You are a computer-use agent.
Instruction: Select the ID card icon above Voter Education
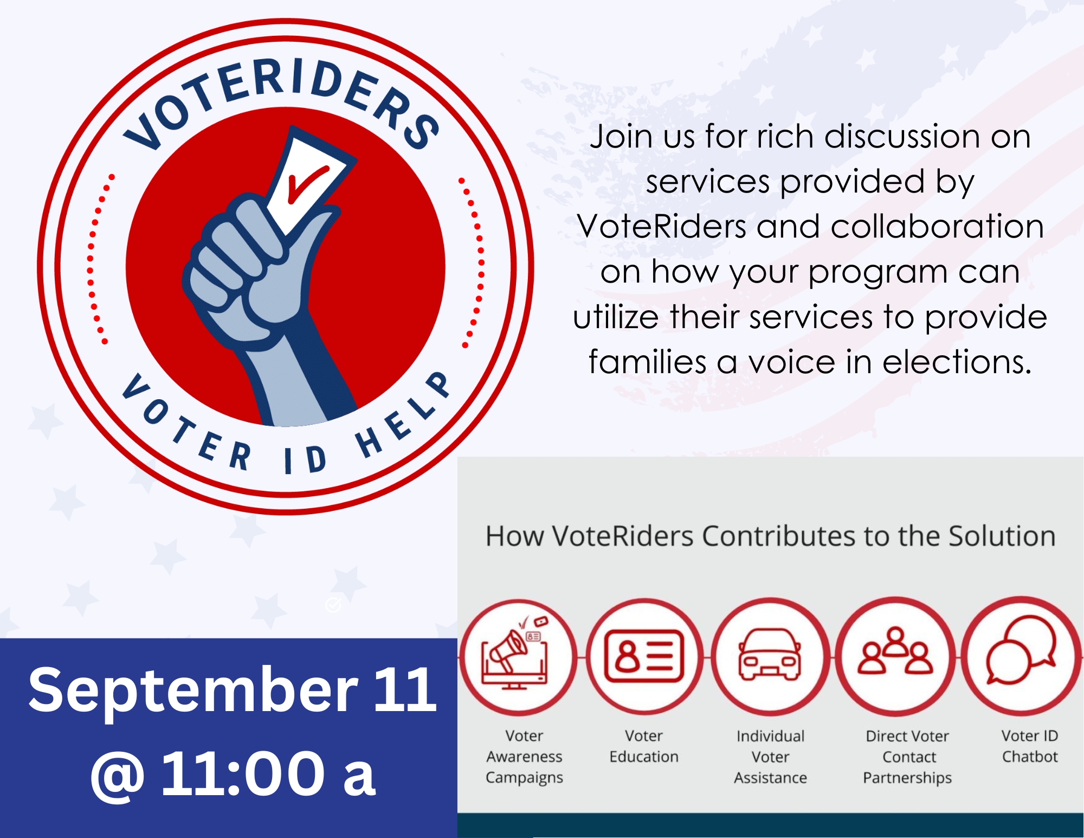coord(644,656)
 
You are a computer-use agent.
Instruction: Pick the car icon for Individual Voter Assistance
coord(770,654)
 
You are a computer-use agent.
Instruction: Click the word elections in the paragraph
coord(957,362)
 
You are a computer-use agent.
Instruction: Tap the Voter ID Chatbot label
coord(1030,746)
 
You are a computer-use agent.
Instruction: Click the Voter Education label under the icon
coord(644,746)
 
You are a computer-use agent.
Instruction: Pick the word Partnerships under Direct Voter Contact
coord(907,778)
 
